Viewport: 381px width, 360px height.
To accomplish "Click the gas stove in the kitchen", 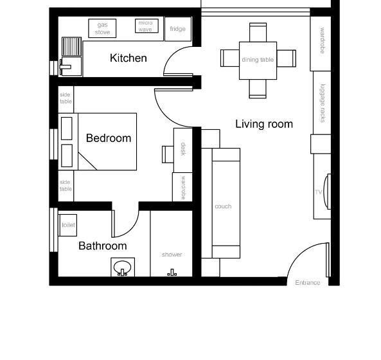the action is tap(102, 28).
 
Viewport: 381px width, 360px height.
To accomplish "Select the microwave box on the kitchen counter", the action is tap(146, 26).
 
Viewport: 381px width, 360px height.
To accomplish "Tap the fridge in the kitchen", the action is tap(178, 29).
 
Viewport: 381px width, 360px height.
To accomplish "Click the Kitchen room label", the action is tap(128, 58).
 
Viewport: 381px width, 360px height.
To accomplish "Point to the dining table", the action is tap(258, 60).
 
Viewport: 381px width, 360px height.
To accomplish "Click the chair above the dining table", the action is tap(258, 32).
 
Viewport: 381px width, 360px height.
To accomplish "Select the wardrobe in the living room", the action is tap(321, 44).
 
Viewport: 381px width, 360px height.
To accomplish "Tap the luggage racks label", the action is tap(323, 103).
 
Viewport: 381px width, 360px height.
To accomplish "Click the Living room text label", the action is tap(264, 124).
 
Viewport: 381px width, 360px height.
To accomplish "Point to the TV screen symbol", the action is tap(327, 192).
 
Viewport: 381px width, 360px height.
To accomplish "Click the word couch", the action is tap(223, 206).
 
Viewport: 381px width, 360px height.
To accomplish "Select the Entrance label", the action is tap(308, 283).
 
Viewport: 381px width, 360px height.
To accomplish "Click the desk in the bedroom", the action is tap(183, 150).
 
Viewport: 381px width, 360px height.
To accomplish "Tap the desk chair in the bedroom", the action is tap(168, 154).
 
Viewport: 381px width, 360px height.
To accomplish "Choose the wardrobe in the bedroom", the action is tap(182, 187).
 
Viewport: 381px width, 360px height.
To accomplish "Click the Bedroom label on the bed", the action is tap(109, 138).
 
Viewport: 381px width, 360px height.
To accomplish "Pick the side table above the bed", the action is tap(66, 99).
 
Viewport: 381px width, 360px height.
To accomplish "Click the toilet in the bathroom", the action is tap(67, 225).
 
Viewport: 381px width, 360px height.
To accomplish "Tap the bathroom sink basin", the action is tap(123, 267).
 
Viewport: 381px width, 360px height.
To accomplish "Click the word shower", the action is tap(172, 255).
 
